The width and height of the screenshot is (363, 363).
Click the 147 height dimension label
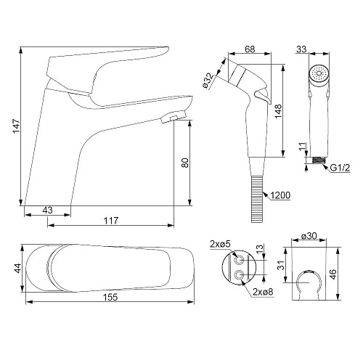pyautogui.click(x=17, y=126)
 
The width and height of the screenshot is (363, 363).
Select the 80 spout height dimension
pyautogui.click(x=185, y=163)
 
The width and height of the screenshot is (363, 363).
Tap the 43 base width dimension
pyautogui.click(x=47, y=210)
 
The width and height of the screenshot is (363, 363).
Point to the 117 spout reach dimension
pyautogui.click(x=111, y=221)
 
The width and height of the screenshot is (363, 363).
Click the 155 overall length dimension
pyautogui.click(x=110, y=297)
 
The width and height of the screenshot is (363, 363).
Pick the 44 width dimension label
pyautogui.click(x=18, y=268)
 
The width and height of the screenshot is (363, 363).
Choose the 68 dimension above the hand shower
pyautogui.click(x=250, y=49)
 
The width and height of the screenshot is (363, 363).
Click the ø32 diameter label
pyautogui.click(x=208, y=81)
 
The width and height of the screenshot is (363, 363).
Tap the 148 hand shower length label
pyautogui.click(x=278, y=111)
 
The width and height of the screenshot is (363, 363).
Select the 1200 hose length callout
pyautogui.click(x=280, y=195)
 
